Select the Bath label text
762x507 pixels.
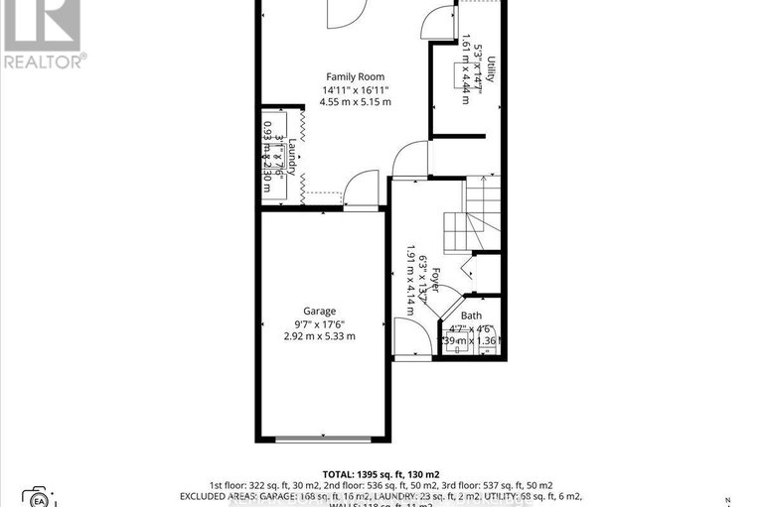pos(471,316)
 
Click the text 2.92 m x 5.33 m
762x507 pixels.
pos(319,336)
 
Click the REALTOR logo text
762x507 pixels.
pos(44,61)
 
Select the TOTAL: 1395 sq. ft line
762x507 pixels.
pos(381,473)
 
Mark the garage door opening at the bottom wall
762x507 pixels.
pos(323,439)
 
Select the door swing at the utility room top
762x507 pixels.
pos(438,22)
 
